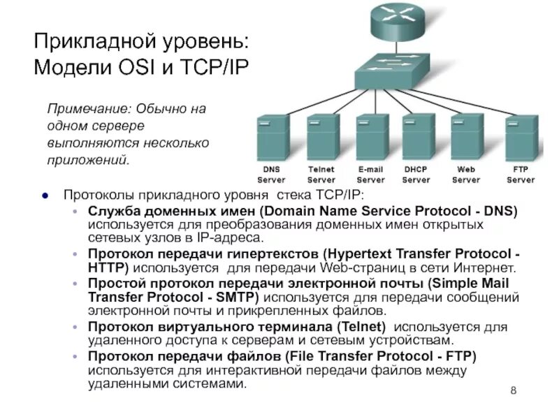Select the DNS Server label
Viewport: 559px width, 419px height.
271,175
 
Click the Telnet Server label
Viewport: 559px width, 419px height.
321,175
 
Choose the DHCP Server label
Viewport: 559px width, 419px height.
416,175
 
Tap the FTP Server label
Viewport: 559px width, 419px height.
521,175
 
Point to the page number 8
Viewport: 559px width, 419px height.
514,390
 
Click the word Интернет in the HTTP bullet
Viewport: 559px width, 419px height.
488,267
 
